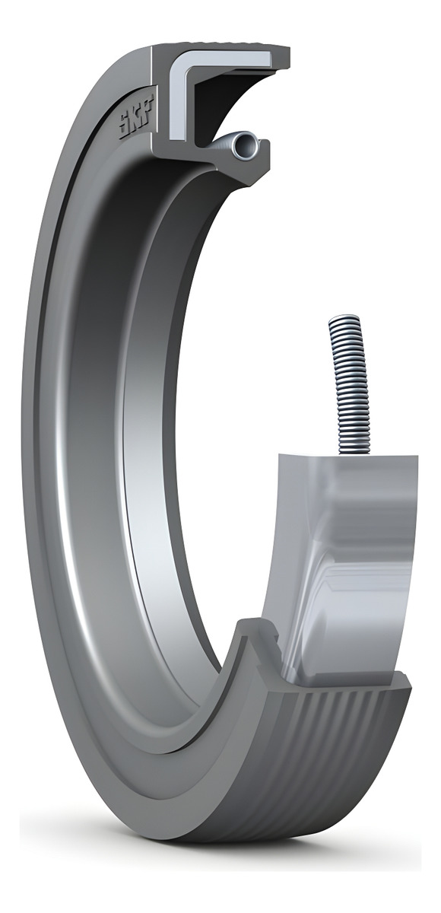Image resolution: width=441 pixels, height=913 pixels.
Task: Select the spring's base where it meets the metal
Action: pos(357,450)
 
